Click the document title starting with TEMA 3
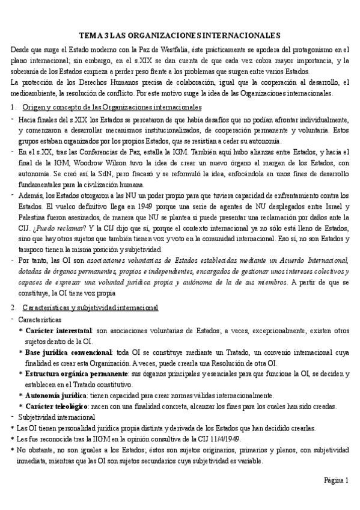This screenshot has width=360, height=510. tap(180, 36)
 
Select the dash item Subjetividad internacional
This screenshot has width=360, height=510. tap(56, 417)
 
